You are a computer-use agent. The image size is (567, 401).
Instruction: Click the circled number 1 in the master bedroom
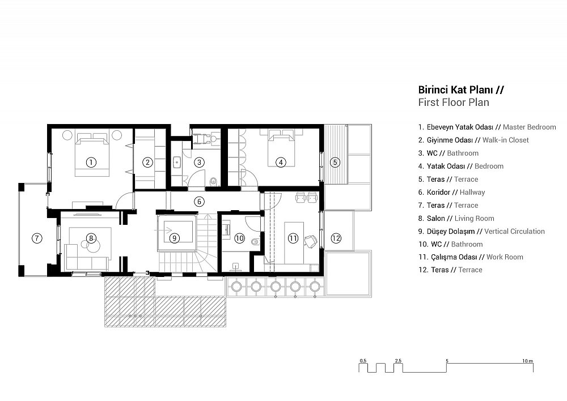[91, 163]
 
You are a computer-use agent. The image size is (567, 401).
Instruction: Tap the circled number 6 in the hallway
[199, 202]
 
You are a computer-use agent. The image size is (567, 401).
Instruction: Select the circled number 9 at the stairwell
[175, 238]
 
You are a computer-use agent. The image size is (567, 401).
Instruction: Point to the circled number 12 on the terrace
[336, 238]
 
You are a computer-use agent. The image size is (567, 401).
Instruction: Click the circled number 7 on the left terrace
[37, 238]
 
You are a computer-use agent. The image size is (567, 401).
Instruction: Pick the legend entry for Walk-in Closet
[473, 140]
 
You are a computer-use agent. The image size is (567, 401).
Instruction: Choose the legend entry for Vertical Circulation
[481, 231]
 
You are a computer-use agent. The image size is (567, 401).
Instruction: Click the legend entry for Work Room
[471, 257]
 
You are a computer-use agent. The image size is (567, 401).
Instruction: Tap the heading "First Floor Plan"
[454, 103]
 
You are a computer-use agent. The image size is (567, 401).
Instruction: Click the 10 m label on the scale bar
[527, 361]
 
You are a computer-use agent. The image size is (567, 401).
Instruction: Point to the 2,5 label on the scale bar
[398, 361]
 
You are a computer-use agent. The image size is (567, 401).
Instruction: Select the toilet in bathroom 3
[213, 181]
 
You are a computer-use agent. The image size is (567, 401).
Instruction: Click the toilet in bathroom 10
[255, 242]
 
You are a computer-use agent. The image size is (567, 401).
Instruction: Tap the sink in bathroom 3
[177, 162]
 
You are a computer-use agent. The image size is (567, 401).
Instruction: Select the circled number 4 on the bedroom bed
[281, 163]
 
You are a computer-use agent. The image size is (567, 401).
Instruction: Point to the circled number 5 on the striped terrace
[335, 163]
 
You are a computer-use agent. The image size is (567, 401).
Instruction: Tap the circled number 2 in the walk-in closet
[147, 163]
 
